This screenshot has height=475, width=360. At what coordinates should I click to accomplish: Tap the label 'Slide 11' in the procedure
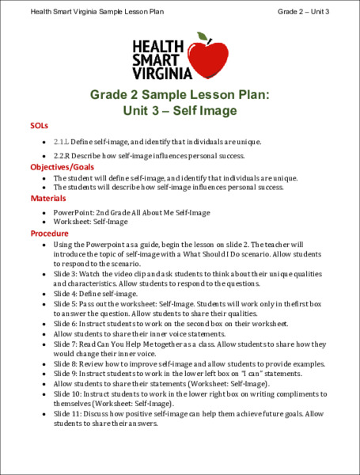tap(67, 413)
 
